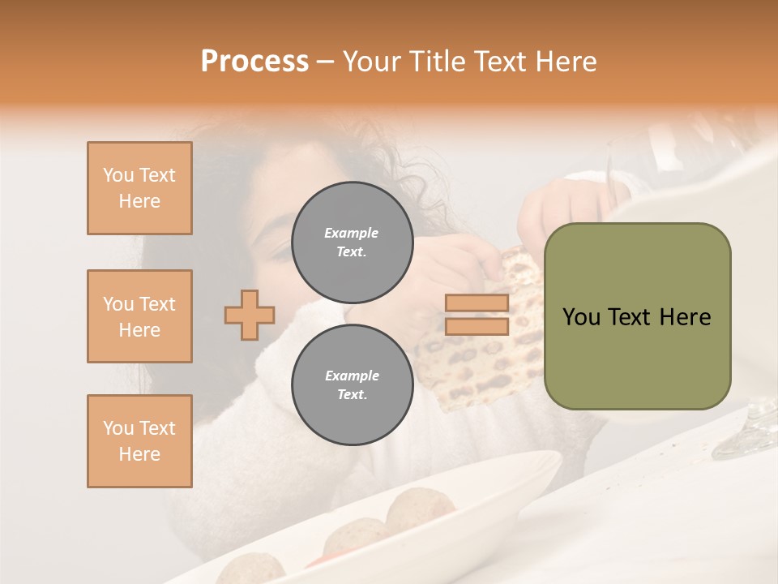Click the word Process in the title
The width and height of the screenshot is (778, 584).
click(x=254, y=62)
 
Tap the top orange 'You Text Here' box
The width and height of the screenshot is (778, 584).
click(x=139, y=188)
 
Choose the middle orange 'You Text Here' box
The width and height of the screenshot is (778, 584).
click(x=139, y=316)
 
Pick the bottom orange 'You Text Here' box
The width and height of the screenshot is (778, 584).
click(x=139, y=441)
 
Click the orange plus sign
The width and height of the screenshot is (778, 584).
click(x=250, y=315)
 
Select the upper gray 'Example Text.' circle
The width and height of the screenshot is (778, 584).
click(x=352, y=243)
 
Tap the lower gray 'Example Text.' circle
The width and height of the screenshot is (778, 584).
click(x=352, y=385)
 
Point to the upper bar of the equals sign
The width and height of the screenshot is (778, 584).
click(x=477, y=303)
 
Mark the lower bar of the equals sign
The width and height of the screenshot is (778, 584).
click(x=477, y=327)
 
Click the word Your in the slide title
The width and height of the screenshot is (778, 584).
click(x=372, y=62)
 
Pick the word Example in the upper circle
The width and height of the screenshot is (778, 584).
click(x=352, y=233)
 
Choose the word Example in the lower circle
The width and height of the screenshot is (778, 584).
click(x=352, y=376)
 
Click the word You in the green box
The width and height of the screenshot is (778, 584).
click(x=580, y=317)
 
